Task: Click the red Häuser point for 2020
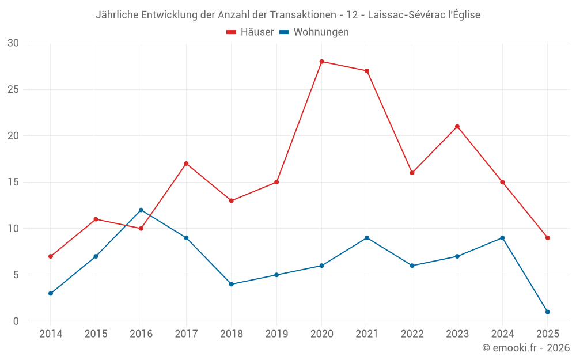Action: (x=321, y=62)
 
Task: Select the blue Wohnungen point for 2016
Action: (x=141, y=210)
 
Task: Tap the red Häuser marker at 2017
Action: (x=186, y=164)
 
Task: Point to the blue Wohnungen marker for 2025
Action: (x=547, y=312)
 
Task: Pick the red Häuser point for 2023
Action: (x=457, y=127)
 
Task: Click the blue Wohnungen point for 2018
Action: (x=231, y=284)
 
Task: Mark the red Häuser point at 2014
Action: (x=51, y=256)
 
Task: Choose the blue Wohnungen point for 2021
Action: (x=367, y=238)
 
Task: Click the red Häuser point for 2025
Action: (x=547, y=238)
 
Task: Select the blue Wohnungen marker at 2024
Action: (x=502, y=238)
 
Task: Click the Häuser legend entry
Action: (x=250, y=32)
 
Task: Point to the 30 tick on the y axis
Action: (x=13, y=43)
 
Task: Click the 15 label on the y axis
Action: (x=13, y=182)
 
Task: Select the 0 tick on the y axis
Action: (x=16, y=321)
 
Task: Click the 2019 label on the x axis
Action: (x=276, y=334)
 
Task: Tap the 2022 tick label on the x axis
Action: (x=412, y=334)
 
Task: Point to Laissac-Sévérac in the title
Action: (x=404, y=15)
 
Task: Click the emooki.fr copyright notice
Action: (x=525, y=348)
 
